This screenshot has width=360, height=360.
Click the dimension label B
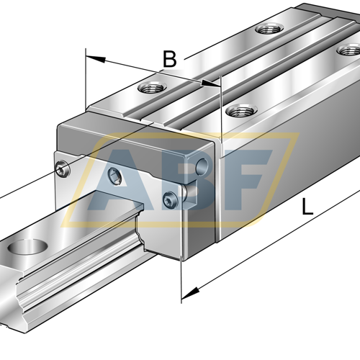pyautogui.click(x=169, y=59)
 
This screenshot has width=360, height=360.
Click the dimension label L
pyautogui.click(x=307, y=206)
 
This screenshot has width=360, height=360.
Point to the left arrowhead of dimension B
pyautogui.click(x=96, y=59)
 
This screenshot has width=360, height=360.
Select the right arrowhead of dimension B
pyautogui.click(x=210, y=84)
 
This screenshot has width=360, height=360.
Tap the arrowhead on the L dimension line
pyautogui.click(x=190, y=293)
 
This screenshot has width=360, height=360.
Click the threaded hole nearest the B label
pyautogui.click(x=152, y=87)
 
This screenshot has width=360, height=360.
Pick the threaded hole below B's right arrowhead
pyautogui.click(x=241, y=111)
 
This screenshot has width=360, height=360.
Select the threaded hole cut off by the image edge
pyautogui.click(x=349, y=50)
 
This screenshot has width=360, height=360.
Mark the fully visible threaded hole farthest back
pyautogui.click(x=269, y=29)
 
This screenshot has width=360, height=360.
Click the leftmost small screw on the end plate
pyautogui.click(x=63, y=168)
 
